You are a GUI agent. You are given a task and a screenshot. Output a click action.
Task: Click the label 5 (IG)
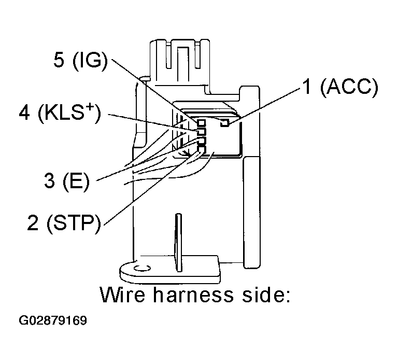(80, 61)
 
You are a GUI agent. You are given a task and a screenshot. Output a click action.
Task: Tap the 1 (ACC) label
(340, 87)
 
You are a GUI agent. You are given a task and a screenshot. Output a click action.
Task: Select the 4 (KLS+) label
(60, 113)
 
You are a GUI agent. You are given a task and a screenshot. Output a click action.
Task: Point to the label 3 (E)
(67, 181)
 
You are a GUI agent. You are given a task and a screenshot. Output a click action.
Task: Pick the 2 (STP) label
(64, 222)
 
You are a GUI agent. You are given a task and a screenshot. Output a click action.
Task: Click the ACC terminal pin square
(224, 123)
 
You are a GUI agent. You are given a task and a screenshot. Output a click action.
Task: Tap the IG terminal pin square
(201, 123)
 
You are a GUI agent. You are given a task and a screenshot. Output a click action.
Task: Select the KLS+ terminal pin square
(201, 132)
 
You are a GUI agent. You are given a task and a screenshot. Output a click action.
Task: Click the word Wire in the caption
(123, 295)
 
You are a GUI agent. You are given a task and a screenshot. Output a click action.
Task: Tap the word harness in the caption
(193, 295)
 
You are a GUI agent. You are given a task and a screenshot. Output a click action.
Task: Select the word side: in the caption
(266, 295)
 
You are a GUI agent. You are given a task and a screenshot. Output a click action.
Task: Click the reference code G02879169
(53, 320)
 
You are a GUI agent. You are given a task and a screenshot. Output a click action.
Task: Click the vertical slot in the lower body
(178, 243)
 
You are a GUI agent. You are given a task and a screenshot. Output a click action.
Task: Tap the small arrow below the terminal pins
(185, 153)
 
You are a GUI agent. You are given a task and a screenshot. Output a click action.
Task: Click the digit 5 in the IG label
(59, 60)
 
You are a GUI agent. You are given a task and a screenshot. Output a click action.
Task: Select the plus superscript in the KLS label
(89, 108)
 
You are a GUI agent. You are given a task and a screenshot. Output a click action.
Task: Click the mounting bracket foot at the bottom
(169, 270)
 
